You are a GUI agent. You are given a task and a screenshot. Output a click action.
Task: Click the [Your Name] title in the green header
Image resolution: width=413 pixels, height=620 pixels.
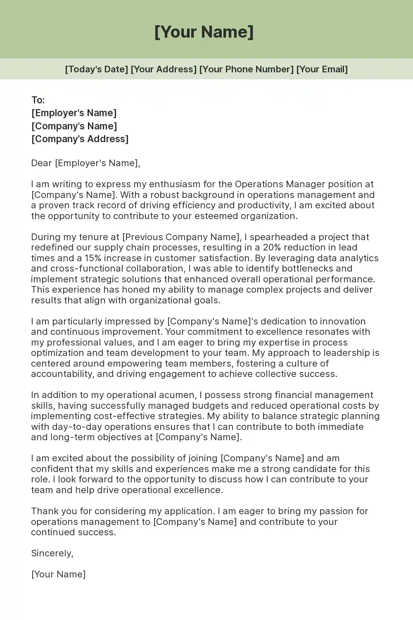click(x=204, y=32)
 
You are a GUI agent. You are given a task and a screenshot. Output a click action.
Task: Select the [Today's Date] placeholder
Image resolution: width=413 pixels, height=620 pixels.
click(x=97, y=69)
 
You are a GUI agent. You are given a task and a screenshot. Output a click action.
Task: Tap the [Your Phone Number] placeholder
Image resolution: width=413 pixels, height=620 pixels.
click(x=247, y=69)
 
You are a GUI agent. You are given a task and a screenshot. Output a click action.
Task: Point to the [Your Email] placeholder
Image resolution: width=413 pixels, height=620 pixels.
click(x=322, y=69)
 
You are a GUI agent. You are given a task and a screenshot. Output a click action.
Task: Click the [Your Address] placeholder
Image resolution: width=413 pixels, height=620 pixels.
click(x=164, y=69)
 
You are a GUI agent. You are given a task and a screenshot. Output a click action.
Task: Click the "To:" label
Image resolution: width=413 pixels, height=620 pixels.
click(x=38, y=100)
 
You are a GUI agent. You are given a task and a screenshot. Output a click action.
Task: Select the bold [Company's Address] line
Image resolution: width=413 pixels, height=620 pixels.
click(x=80, y=139)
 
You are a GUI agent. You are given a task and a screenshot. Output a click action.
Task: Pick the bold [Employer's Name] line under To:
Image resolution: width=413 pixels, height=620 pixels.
click(x=74, y=113)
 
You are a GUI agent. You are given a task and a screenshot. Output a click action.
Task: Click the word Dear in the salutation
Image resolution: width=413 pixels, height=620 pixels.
click(x=41, y=163)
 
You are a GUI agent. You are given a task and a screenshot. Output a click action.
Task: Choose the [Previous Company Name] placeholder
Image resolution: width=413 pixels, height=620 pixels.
click(x=181, y=237)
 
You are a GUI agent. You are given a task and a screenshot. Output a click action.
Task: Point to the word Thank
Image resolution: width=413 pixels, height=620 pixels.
click(x=45, y=511)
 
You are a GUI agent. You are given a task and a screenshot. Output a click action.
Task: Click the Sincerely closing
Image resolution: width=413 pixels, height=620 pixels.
click(x=52, y=553)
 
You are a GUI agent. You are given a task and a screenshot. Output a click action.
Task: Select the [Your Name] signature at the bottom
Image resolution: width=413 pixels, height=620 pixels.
click(x=58, y=574)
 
